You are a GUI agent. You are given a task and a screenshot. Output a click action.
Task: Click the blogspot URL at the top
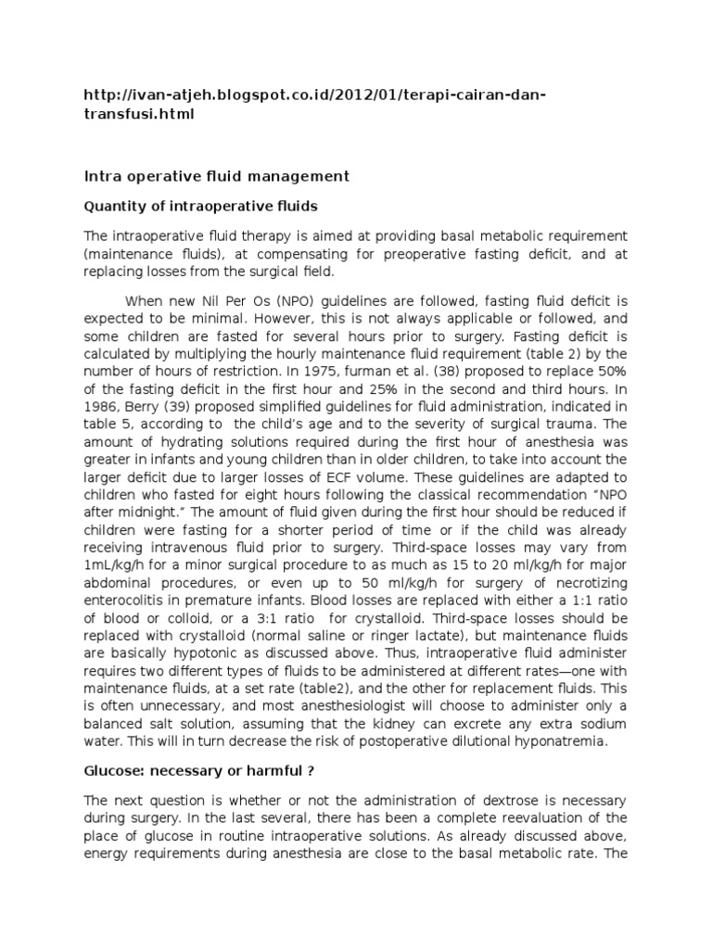(x=315, y=105)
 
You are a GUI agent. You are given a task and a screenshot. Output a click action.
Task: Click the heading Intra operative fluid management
(x=217, y=176)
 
